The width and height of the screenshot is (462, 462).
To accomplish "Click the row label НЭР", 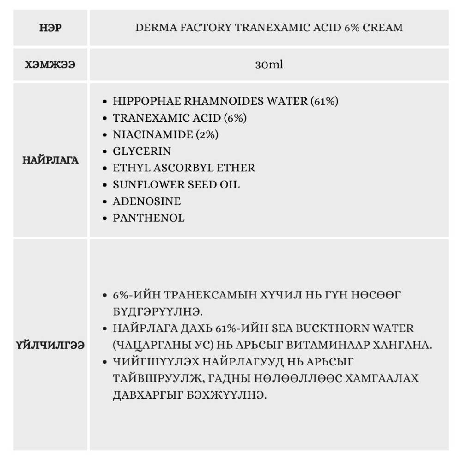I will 51,28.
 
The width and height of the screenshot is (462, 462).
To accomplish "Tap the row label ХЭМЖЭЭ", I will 51,65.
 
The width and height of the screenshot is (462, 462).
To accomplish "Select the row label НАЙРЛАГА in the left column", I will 51,160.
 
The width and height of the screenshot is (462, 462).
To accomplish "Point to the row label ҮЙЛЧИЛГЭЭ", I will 51,345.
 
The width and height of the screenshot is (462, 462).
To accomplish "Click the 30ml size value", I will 269,65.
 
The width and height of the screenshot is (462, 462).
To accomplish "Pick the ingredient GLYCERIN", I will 142,151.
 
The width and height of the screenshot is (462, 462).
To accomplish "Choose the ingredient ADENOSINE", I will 146,201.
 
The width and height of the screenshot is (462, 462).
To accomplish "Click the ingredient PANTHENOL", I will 148,218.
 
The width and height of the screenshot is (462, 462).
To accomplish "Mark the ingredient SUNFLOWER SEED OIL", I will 176,184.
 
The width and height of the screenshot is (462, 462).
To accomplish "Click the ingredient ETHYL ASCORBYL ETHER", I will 184,168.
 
